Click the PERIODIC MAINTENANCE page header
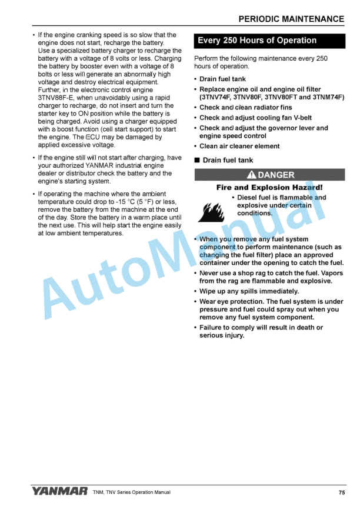(291, 19)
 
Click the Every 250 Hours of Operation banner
(256, 41)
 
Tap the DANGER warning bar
(269, 175)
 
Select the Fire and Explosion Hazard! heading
(269, 187)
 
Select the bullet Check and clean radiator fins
(245, 108)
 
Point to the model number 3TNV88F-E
(58, 97)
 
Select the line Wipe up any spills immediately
(249, 291)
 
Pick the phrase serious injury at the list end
(221, 336)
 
